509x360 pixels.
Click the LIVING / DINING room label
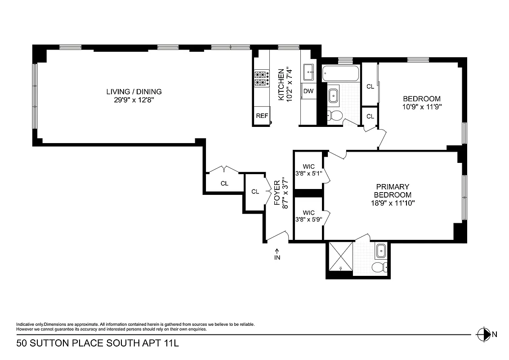(x=134, y=92)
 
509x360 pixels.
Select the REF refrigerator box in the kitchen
(x=262, y=116)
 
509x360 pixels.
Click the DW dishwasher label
(x=308, y=91)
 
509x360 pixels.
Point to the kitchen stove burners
(x=261, y=79)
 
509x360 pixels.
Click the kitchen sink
(x=309, y=71)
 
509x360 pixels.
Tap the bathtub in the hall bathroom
(x=341, y=73)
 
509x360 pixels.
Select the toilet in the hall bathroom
(x=333, y=116)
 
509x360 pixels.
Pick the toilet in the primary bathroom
(x=379, y=267)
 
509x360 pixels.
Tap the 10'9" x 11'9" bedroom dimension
(x=421, y=108)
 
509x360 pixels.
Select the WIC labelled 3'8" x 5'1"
(x=308, y=170)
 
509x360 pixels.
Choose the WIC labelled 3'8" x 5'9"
(x=308, y=216)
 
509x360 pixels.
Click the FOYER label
(x=277, y=192)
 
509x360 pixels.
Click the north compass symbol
(x=483, y=334)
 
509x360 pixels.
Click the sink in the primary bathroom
(x=380, y=249)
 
